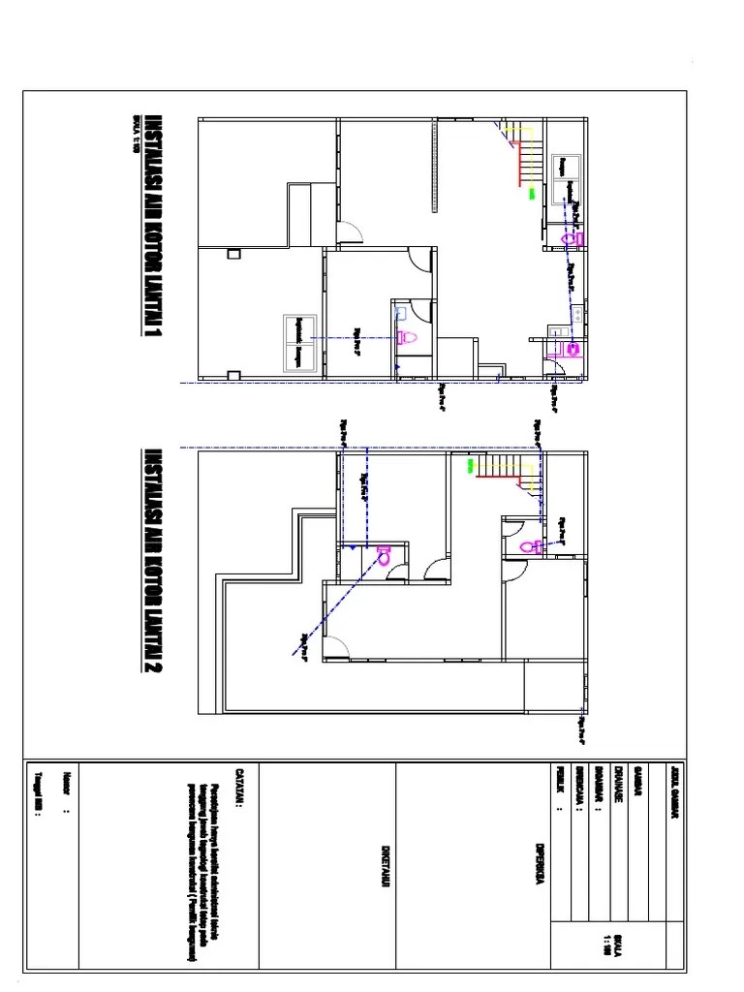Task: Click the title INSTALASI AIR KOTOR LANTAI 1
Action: click(x=153, y=229)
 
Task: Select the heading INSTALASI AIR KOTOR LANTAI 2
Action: click(x=153, y=562)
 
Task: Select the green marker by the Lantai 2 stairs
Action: click(x=471, y=466)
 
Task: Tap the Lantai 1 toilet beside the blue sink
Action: click(x=408, y=337)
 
